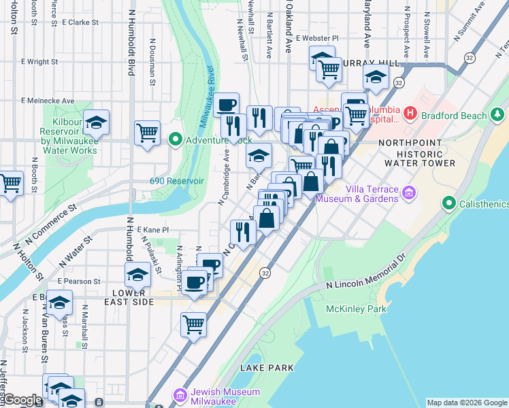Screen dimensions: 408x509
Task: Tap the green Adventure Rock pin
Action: pos(175,140)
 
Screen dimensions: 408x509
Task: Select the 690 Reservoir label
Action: pos(177,181)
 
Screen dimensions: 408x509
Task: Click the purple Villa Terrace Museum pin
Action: pos(408,194)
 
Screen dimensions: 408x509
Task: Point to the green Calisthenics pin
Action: pos(448,203)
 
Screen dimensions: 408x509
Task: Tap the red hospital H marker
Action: pos(410,112)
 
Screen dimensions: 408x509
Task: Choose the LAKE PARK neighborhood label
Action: pos(267,368)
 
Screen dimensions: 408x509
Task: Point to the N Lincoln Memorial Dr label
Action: pos(364,277)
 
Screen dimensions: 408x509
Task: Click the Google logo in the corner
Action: pos(22,400)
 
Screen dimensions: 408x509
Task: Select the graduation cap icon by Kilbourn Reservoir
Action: pos(97,122)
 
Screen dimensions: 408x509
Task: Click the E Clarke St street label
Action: pos(80,22)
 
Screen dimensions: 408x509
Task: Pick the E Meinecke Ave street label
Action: pos(48,101)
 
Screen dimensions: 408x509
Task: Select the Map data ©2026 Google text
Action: pos(467,403)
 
